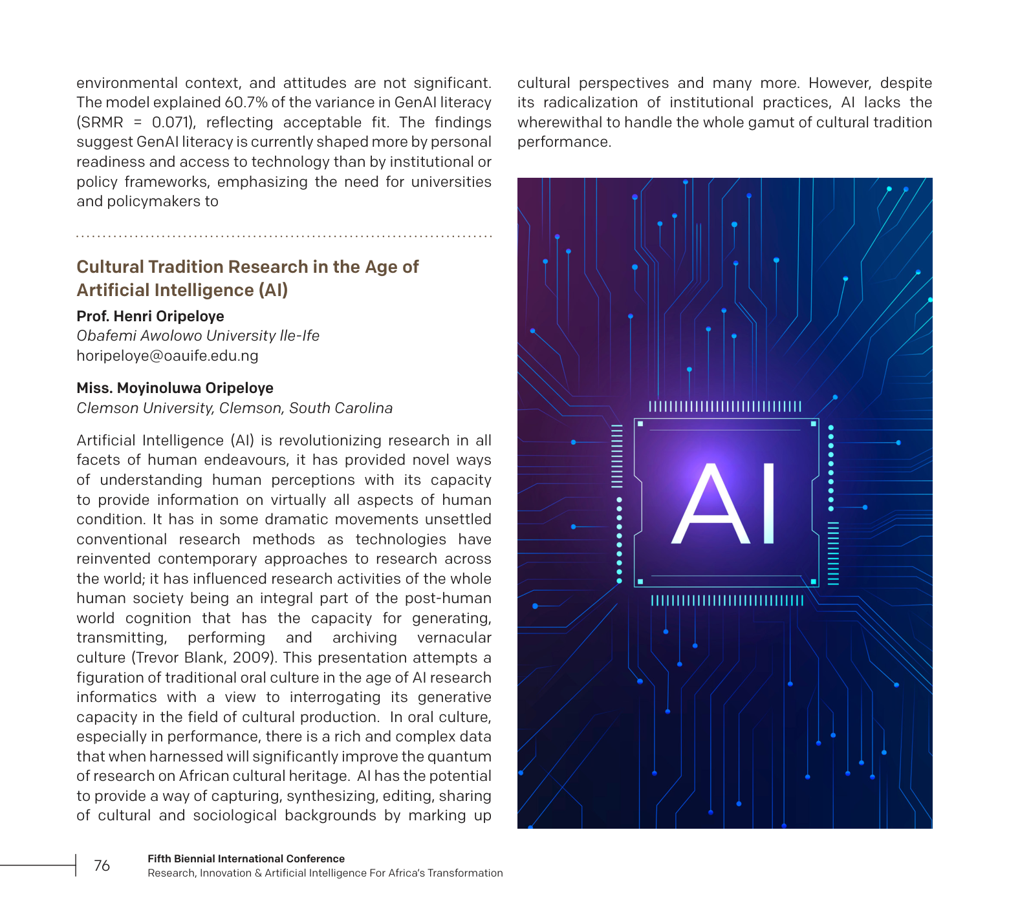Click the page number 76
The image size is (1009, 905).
coord(102,866)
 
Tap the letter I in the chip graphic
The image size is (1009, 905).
coord(768,505)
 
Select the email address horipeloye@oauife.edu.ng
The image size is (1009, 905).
coord(167,356)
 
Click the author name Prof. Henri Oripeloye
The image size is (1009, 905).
coord(150,316)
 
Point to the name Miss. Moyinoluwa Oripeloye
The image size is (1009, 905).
coord(175,388)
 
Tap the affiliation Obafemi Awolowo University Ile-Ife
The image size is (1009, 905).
coord(198,336)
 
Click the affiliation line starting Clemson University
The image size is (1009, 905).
coord(234,409)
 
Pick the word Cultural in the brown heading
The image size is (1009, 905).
coord(110,267)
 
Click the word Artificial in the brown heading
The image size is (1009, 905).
coord(116,290)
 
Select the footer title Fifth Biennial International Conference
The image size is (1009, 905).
coord(246,859)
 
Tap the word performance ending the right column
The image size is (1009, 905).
coord(563,142)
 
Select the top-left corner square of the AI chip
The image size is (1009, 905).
coord(640,424)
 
